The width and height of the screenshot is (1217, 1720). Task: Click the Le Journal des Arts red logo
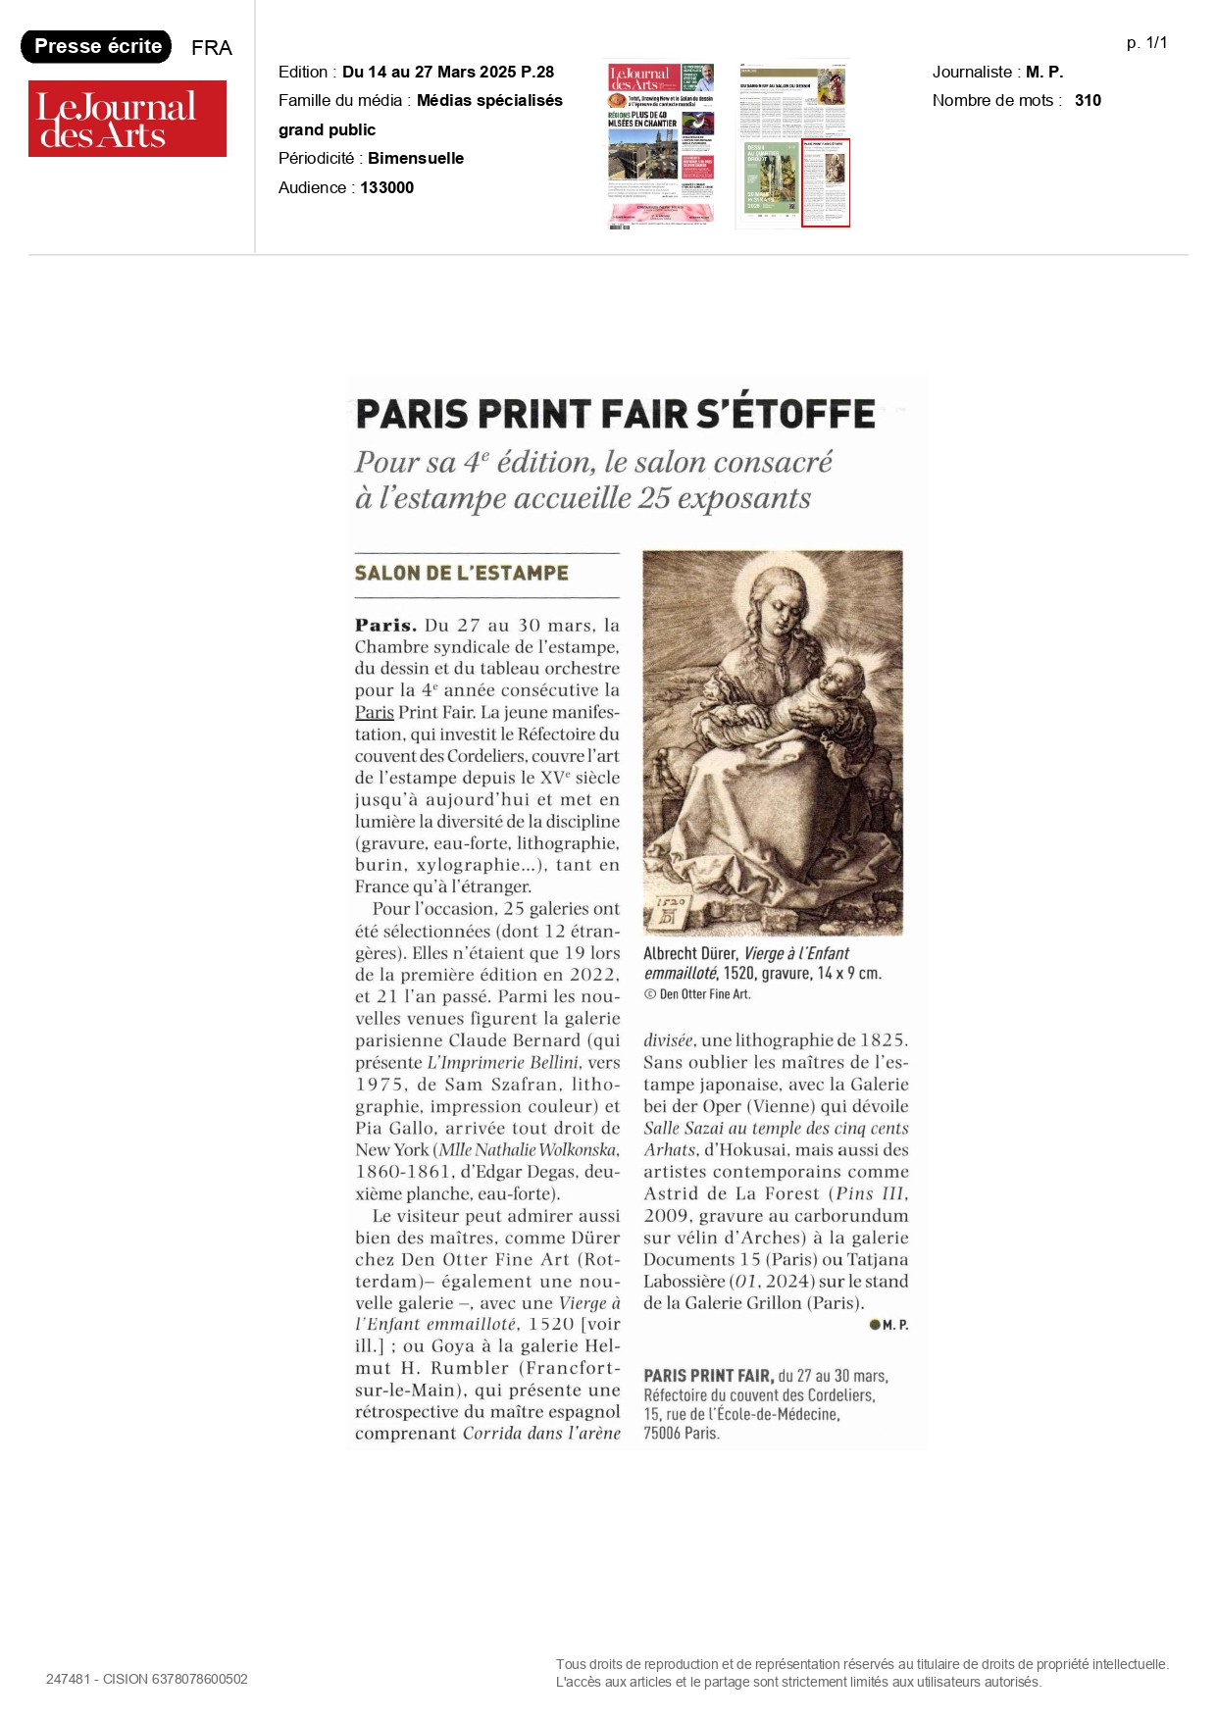point(127,119)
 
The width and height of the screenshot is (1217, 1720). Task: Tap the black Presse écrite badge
point(96,46)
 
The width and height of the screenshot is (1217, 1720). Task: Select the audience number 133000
point(386,187)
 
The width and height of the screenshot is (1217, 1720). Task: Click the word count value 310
point(1088,100)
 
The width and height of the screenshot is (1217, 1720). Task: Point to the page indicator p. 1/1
point(1146,43)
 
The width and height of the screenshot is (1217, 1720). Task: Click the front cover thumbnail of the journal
point(660,145)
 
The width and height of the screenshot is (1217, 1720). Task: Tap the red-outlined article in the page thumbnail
point(826,183)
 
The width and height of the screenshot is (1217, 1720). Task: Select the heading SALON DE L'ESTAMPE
point(461,573)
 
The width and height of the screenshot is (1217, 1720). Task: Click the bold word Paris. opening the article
point(385,626)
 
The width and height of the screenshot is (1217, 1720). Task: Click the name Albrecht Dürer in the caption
point(689,953)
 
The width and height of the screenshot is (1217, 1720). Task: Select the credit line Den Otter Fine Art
point(703,994)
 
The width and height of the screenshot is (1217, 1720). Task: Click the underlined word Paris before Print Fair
point(374,713)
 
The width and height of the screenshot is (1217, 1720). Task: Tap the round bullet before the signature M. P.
point(874,1325)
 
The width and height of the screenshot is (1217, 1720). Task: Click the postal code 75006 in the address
point(662,1434)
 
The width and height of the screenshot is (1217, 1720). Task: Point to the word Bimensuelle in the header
point(416,158)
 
